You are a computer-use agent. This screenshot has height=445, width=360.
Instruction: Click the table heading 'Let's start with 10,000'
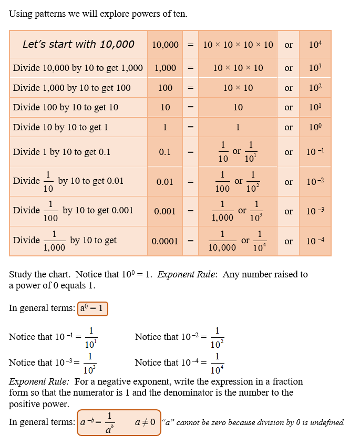coord(78,44)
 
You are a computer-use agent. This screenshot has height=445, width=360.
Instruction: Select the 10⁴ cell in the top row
coord(315,45)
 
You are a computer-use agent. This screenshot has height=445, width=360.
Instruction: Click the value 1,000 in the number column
coord(165,68)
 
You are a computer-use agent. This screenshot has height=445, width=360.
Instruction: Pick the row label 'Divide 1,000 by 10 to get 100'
coord(72,88)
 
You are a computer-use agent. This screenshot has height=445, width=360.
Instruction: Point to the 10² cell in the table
coord(315,88)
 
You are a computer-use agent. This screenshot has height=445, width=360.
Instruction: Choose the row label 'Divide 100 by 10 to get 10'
coord(66,107)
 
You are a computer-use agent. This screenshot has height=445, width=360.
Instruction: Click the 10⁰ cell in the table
coord(315,127)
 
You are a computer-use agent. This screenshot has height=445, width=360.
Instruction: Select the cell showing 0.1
coord(165,152)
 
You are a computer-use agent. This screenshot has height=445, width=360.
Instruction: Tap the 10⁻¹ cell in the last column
coord(315,152)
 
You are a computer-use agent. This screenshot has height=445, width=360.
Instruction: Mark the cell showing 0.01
coord(165,182)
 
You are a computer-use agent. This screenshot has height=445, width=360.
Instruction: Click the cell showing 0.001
coord(165,211)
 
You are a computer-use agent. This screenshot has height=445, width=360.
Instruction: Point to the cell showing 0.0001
coord(165,241)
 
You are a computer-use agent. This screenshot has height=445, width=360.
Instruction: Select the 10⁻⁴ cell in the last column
coord(315,241)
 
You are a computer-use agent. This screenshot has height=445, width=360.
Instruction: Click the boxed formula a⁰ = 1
coord(92,308)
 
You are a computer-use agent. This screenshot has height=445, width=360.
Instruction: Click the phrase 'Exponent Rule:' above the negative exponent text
coord(38,381)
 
